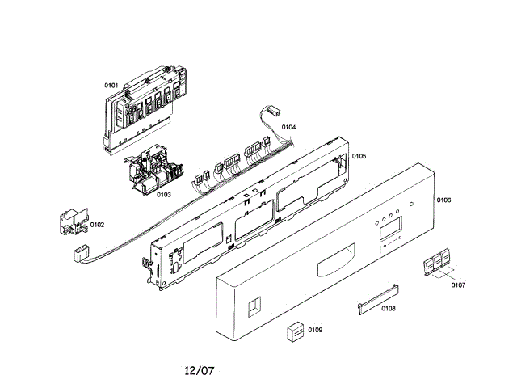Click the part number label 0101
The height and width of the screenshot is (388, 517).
tap(111, 85)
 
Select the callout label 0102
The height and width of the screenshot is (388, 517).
tap(97, 225)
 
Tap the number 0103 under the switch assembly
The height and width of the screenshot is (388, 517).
tap(163, 194)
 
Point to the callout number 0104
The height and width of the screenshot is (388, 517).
tap(288, 127)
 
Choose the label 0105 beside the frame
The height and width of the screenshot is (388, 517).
tap(359, 156)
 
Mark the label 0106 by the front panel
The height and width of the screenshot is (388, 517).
tap(443, 200)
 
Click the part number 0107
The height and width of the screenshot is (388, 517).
tap(458, 285)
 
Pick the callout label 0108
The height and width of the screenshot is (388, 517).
tap(388, 308)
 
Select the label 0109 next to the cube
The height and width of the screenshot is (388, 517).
tap(315, 329)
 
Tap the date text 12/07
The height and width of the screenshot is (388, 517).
tap(199, 371)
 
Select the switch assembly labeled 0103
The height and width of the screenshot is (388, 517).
tap(153, 171)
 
